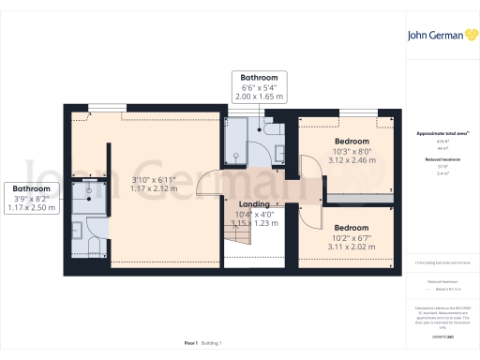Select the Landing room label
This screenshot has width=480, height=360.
pyautogui.click(x=254, y=204)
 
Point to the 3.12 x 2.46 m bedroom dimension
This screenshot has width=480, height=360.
pyautogui.click(x=352, y=161)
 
